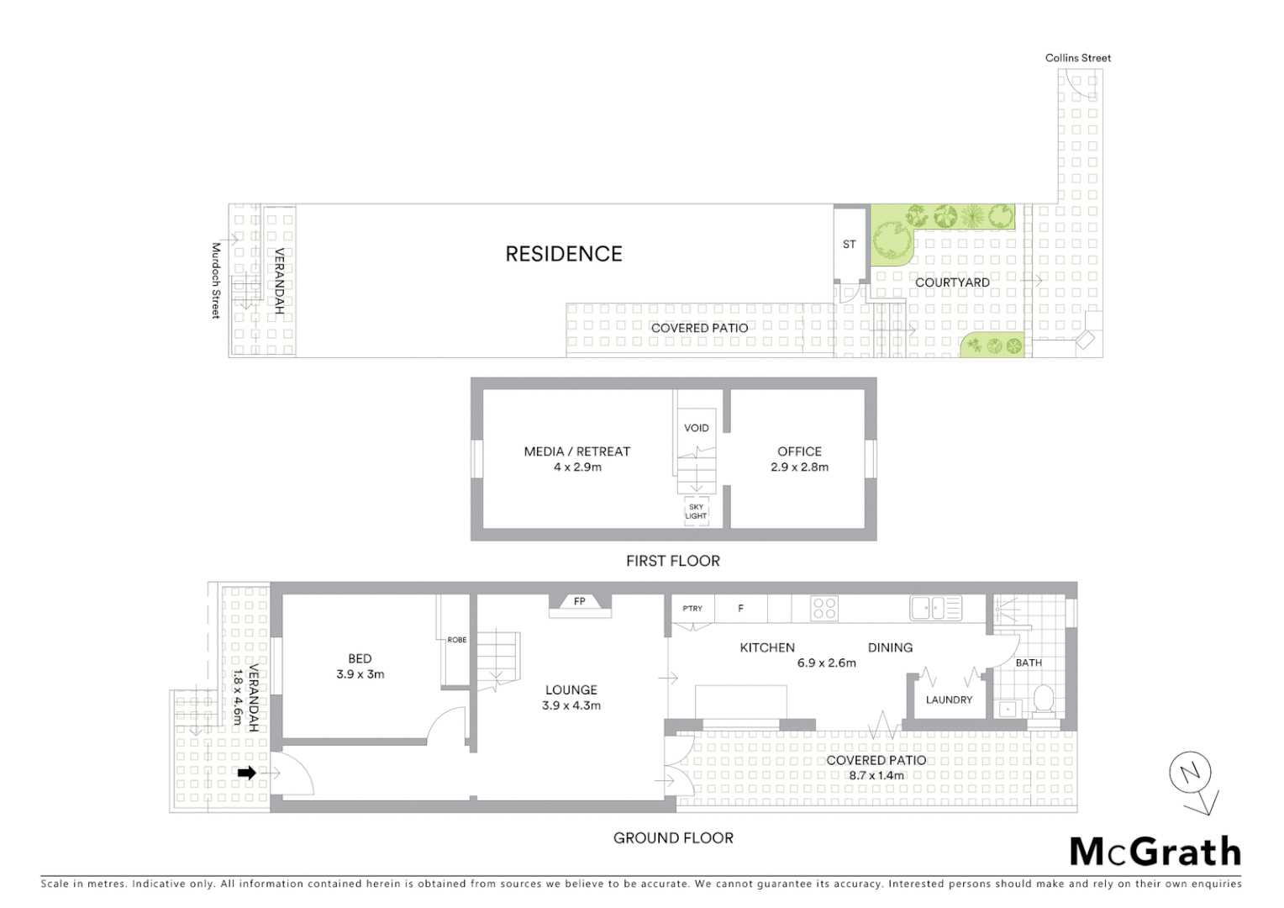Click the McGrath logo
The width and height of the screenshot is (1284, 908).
point(1155,852)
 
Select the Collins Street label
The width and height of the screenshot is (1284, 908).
point(1077,58)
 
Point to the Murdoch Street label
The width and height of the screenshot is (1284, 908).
point(215,281)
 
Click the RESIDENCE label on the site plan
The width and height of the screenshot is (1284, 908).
point(563,254)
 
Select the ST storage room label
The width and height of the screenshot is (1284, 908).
point(849,245)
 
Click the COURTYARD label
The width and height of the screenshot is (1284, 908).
point(951,282)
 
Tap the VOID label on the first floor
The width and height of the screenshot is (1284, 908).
point(696,428)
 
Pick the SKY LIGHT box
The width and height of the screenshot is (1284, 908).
point(696,511)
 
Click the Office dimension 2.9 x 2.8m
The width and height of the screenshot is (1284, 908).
point(799,467)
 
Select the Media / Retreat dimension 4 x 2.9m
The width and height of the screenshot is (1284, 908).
point(576,467)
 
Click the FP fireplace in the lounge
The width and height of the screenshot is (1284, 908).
point(579,602)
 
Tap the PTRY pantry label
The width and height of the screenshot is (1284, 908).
point(692,609)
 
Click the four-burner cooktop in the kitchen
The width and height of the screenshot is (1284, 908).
point(824,608)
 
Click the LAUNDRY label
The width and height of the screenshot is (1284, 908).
point(949,699)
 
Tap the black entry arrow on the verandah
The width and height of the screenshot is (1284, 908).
point(246,773)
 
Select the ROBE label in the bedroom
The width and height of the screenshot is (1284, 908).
point(456,640)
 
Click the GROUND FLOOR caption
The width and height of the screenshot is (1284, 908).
point(673,838)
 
